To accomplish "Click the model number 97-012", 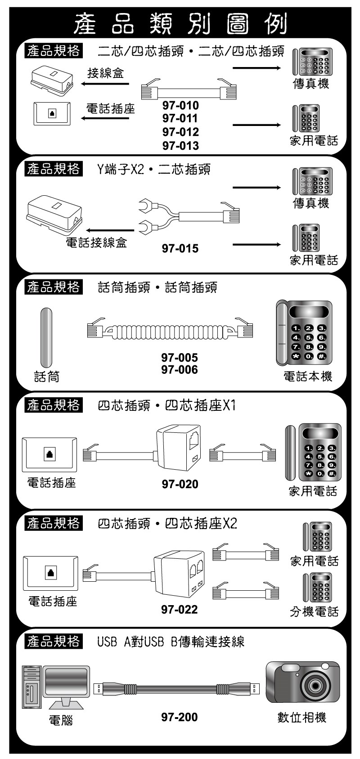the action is (x=180, y=132).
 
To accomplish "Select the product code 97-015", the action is (x=180, y=248).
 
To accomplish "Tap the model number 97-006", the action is (x=179, y=369).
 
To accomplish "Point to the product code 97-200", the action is (x=179, y=717).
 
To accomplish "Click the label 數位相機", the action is (x=301, y=717).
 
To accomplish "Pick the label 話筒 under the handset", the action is (x=46, y=377).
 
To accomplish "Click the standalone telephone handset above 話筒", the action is (x=46, y=337).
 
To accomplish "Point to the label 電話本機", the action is (x=308, y=376).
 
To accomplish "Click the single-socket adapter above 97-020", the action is (x=179, y=447).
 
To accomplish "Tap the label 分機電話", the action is (x=314, y=611).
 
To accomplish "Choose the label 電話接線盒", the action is (x=97, y=242).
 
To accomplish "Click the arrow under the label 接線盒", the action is (x=105, y=84).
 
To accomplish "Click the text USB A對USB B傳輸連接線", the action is (x=171, y=642).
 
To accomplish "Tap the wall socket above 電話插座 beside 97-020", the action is (x=49, y=454).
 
